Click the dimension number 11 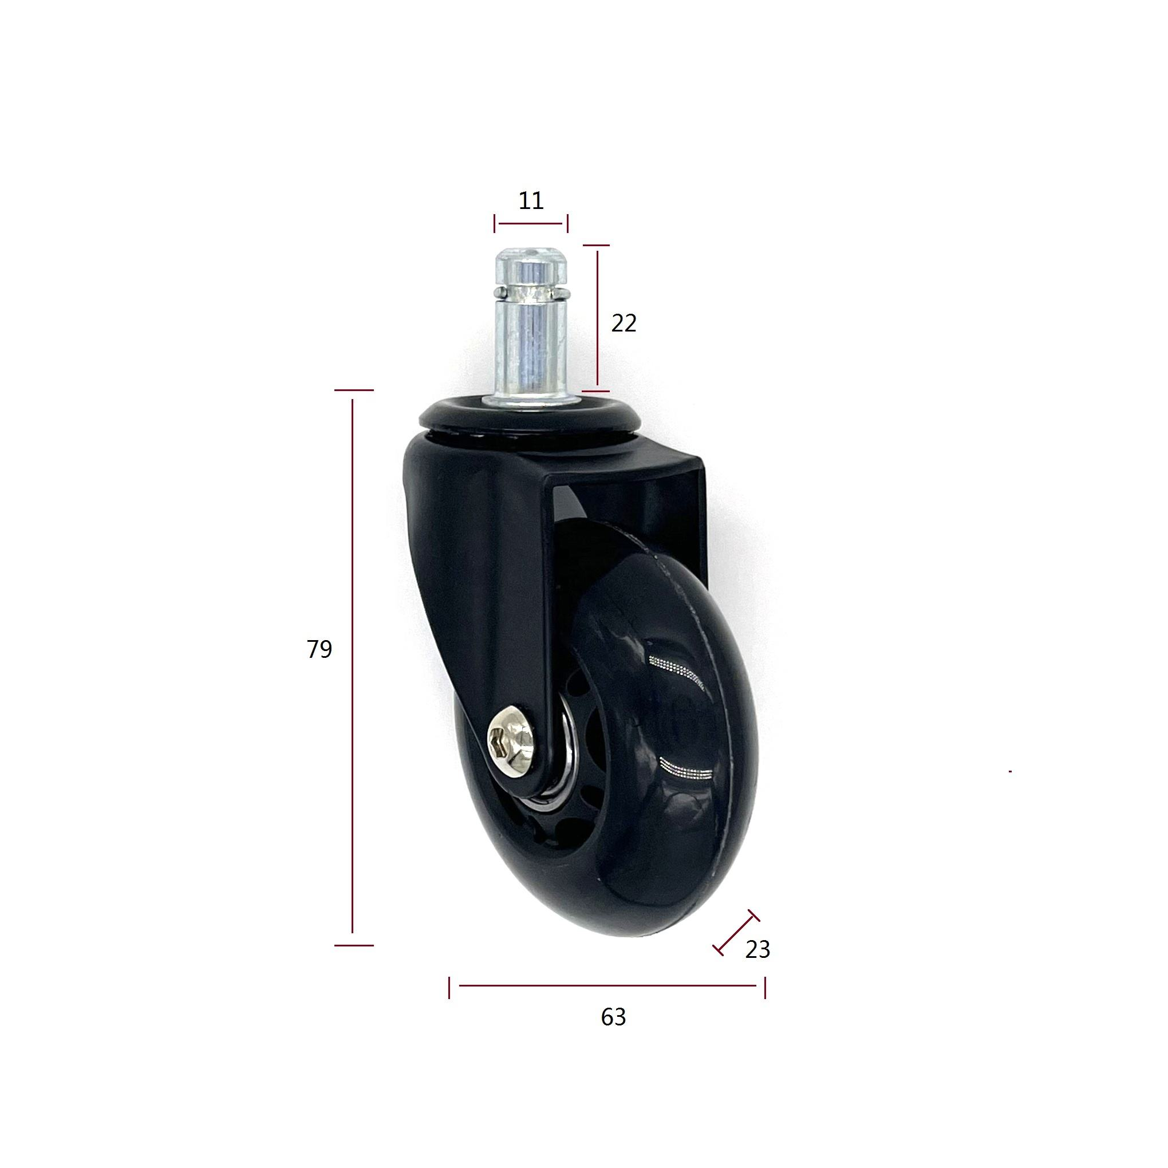531,200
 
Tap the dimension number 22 624,323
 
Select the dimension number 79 319,649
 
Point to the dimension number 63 613,1017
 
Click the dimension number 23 757,950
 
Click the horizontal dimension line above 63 607,985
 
